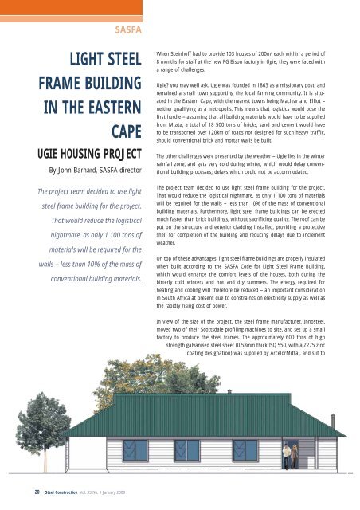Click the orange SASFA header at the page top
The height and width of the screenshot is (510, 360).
(127, 31)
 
